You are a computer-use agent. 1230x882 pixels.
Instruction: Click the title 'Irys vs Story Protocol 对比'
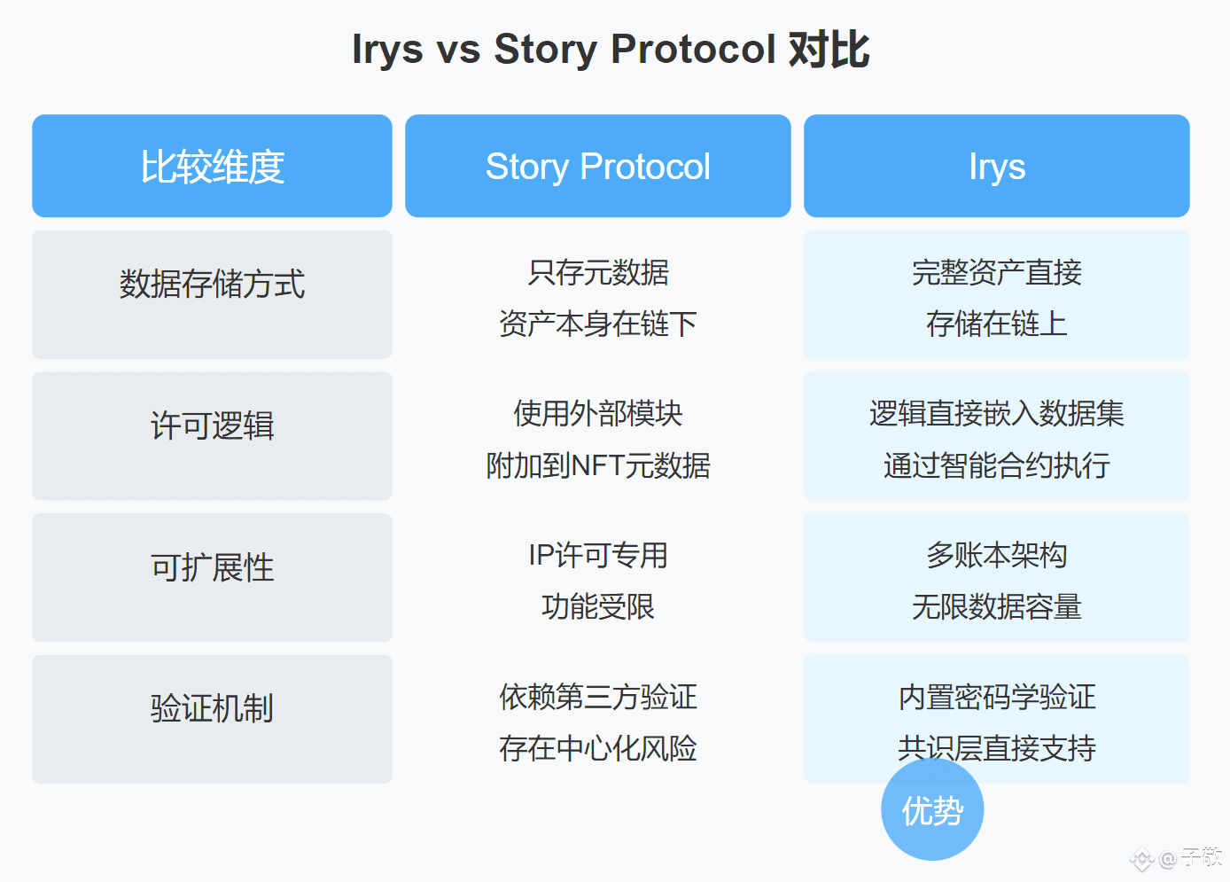tap(611, 50)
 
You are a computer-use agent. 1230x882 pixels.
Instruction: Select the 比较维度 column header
tap(212, 166)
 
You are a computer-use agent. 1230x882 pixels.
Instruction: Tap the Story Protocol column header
tap(598, 166)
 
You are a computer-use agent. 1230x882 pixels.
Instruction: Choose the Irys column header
tap(997, 166)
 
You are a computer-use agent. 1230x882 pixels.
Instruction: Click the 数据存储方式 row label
tap(212, 284)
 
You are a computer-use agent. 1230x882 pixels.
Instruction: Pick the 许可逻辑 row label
tap(212, 425)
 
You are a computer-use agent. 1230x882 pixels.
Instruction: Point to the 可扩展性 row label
tap(212, 567)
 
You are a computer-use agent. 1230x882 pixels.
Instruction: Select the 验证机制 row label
tap(212, 708)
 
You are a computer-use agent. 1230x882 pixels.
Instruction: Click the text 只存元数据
tap(598, 272)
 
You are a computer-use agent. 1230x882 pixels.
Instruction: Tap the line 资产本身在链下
tap(598, 324)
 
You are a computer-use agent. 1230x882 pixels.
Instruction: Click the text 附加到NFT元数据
tap(598, 465)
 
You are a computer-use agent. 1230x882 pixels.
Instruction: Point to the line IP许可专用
tap(598, 555)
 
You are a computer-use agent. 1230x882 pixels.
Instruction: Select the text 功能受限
tap(598, 607)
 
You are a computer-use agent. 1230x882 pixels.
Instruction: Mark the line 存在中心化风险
tap(598, 748)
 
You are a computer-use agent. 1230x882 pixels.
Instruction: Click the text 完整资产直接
tap(997, 272)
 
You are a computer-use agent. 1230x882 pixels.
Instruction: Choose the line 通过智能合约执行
tap(997, 465)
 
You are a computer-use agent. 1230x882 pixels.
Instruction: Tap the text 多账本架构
tap(997, 555)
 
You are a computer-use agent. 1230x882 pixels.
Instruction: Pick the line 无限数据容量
tap(997, 607)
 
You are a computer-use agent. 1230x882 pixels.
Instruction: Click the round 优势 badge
tap(932, 809)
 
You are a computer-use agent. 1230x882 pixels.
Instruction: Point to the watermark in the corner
tap(1176, 858)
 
